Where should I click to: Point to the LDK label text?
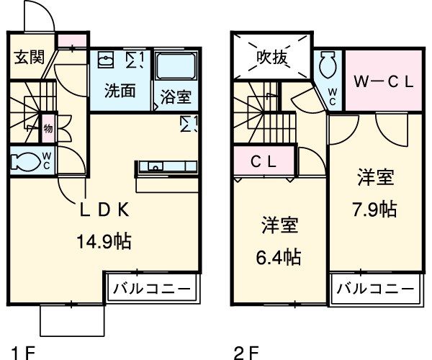104,210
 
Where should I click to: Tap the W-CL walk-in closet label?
383,81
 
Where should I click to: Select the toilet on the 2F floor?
328,68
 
